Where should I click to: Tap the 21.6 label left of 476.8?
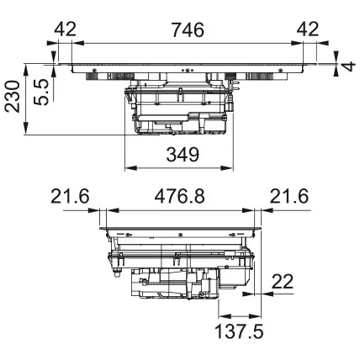click(70, 198)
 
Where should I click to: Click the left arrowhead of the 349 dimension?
click(130, 167)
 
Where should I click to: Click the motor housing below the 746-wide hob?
click(178, 109)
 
